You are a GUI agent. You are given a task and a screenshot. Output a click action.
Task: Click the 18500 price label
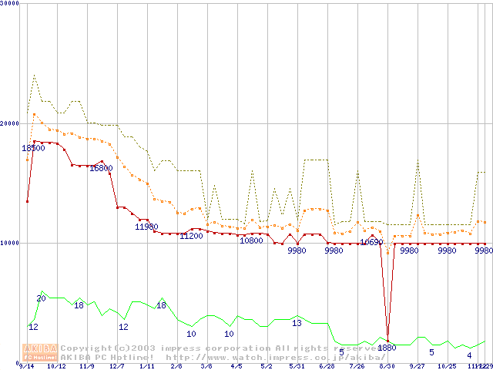tap(33, 148)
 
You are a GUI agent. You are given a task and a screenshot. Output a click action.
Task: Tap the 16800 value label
tap(101, 168)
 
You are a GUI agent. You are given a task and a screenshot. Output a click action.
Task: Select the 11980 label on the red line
tap(146, 227)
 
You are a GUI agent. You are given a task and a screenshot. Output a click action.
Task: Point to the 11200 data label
tap(191, 236)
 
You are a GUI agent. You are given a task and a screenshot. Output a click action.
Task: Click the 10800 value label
tap(251, 240)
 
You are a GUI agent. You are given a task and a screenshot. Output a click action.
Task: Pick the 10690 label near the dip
tap(371, 242)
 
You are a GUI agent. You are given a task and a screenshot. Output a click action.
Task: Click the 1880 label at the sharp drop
tap(387, 348)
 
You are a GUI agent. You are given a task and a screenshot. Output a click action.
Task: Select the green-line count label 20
tap(42, 298)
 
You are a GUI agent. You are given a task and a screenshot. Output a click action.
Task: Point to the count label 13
tap(297, 323)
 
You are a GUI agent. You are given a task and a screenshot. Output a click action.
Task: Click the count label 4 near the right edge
tap(469, 355)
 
